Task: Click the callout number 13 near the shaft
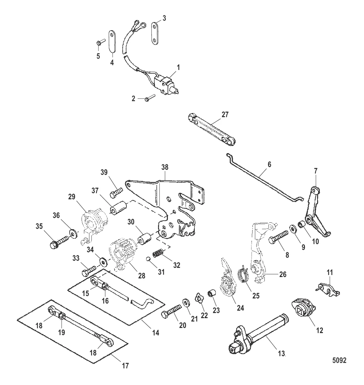coord(281,353)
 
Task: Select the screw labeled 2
coord(150,99)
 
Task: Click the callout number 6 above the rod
coord(269,164)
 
